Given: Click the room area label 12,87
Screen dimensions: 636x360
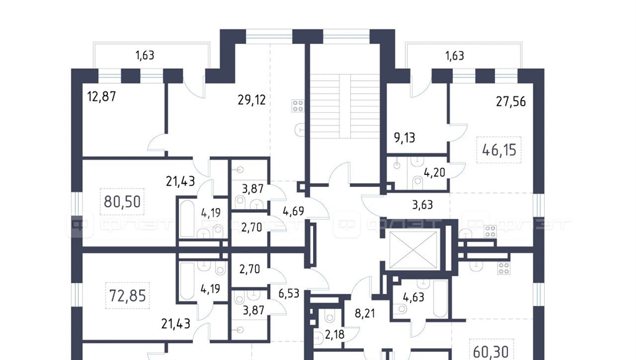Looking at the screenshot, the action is click(x=101, y=97).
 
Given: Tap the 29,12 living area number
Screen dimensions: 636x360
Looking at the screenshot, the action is click(x=252, y=100).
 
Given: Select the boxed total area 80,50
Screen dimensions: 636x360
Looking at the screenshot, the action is click(x=122, y=201).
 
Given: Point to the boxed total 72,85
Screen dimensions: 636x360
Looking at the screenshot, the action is click(x=127, y=295).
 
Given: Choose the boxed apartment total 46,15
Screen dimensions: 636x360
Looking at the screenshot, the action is click(x=499, y=150).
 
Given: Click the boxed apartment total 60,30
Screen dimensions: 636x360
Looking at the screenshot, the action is click(x=491, y=351).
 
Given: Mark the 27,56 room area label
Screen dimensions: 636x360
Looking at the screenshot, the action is click(x=511, y=101).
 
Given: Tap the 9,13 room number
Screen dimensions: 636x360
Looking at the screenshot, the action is click(x=404, y=138).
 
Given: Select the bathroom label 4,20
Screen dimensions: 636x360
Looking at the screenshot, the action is click(x=434, y=173).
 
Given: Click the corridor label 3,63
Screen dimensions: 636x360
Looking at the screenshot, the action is click(x=422, y=205).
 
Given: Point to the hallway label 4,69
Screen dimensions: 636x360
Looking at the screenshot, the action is click(x=293, y=211).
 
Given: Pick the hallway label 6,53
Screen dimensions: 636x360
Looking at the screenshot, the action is click(x=289, y=293).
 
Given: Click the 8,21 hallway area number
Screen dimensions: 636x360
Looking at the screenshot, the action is click(x=365, y=313).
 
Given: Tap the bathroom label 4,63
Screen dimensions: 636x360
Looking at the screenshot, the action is click(x=413, y=297).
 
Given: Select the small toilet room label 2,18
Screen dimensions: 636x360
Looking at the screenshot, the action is click(x=335, y=335).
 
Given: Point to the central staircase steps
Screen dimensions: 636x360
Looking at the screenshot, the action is click(x=345, y=107).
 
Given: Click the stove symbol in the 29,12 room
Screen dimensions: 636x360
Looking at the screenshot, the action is click(x=298, y=106).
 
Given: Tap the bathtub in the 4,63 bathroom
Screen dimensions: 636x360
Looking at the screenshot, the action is click(x=440, y=299).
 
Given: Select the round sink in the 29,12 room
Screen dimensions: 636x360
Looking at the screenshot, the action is click(x=299, y=130).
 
